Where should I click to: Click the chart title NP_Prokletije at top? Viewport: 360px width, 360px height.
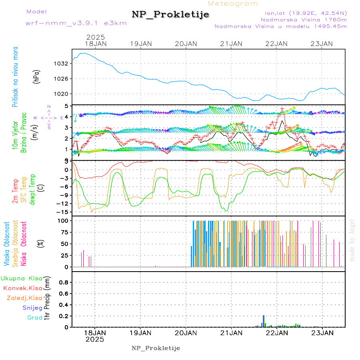170,15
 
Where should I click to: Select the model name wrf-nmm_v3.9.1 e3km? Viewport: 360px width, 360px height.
76,23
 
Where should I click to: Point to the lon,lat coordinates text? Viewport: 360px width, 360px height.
303,13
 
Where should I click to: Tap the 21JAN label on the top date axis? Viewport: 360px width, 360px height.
231,44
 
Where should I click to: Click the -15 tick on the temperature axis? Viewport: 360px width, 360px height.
62,212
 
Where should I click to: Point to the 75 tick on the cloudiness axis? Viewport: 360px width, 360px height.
63,232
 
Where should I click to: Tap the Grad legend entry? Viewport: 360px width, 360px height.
34,318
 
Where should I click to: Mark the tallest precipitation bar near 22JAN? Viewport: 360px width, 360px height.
264,321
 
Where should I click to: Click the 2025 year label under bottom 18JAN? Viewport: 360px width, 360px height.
95,339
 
